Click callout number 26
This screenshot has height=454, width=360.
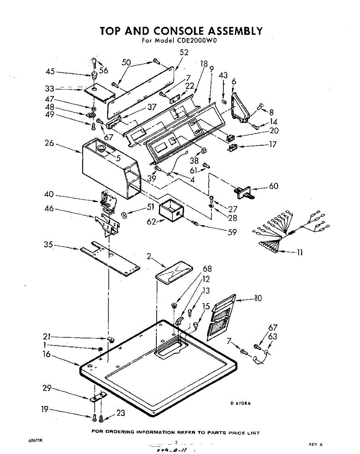(50, 144)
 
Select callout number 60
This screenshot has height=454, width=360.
(273, 186)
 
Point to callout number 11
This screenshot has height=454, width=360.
(299, 253)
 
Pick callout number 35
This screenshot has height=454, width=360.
(48, 244)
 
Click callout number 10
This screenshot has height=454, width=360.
(258, 298)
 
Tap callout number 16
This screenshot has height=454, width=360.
(47, 354)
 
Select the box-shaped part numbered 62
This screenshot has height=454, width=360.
(171, 210)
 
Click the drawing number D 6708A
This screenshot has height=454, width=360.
(240, 403)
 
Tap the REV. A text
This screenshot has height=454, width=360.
(316, 445)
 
